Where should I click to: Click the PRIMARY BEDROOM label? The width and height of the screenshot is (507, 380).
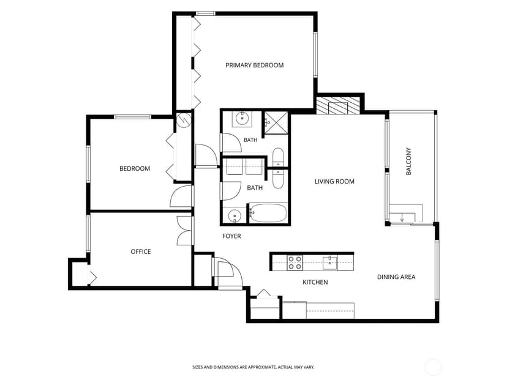click(255, 65)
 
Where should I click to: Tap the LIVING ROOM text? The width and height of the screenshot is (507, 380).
click(334, 182)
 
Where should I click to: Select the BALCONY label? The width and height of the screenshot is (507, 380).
click(408, 162)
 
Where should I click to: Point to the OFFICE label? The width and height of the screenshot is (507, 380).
click(141, 251)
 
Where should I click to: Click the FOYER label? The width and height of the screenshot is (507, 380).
click(231, 236)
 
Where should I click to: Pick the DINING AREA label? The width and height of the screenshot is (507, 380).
click(396, 277)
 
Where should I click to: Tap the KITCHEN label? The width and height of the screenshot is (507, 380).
click(315, 282)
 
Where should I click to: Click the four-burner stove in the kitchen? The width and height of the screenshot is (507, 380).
click(295, 263)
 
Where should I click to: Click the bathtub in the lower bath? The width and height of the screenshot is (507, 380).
click(268, 212)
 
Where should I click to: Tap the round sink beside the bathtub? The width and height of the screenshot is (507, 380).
click(234, 215)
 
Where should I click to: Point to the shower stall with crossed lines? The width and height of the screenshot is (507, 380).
click(276, 122)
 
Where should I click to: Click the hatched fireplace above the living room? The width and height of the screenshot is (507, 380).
click(338, 106)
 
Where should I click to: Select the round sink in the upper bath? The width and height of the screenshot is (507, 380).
click(242, 118)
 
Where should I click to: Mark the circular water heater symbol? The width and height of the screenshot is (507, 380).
click(184, 120)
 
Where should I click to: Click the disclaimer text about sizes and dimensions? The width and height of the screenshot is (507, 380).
click(254, 367)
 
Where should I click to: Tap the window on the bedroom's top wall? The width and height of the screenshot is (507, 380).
click(133, 117)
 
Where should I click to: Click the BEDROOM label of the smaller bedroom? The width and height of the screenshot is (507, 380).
click(135, 169)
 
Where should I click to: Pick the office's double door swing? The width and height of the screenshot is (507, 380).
click(185, 231)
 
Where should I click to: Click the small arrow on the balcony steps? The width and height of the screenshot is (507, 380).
click(402, 218)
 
